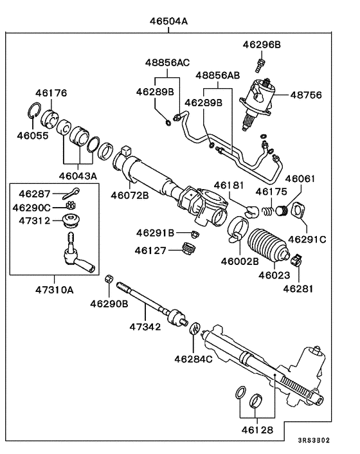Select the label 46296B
click(x=262, y=44)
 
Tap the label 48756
click(x=311, y=93)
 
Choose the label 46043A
click(x=78, y=176)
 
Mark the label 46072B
click(x=129, y=194)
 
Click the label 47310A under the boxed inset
click(x=54, y=290)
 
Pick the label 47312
click(x=35, y=221)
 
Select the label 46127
click(x=152, y=250)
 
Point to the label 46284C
click(x=193, y=358)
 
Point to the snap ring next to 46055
click(x=35, y=116)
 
